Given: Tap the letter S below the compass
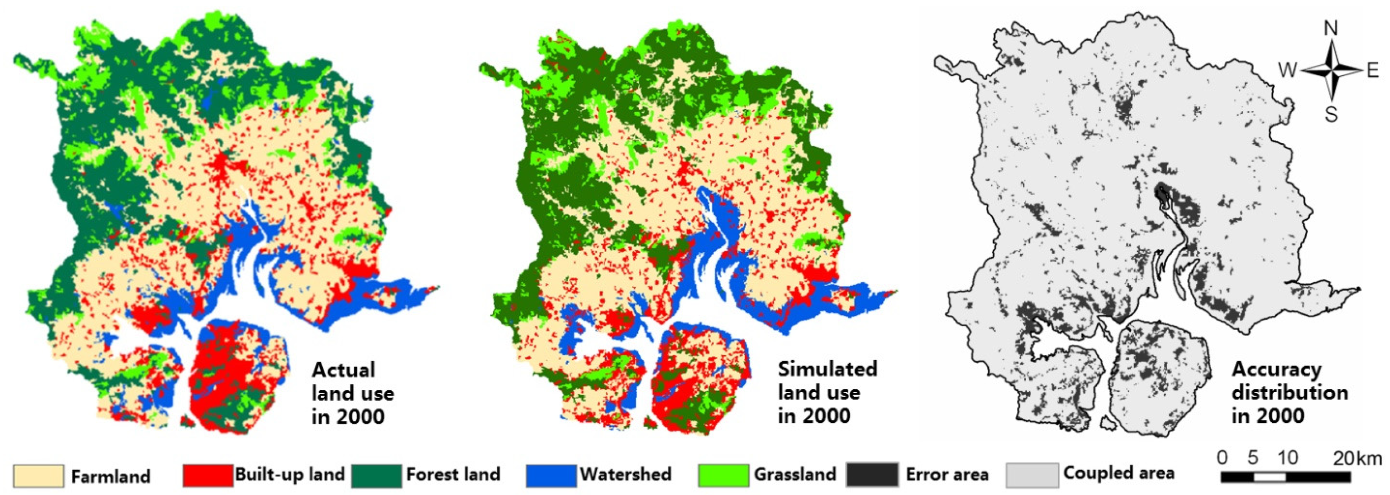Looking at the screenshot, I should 1331,115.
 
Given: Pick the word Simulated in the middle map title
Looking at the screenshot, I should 827,369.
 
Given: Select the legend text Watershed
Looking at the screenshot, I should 625,474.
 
